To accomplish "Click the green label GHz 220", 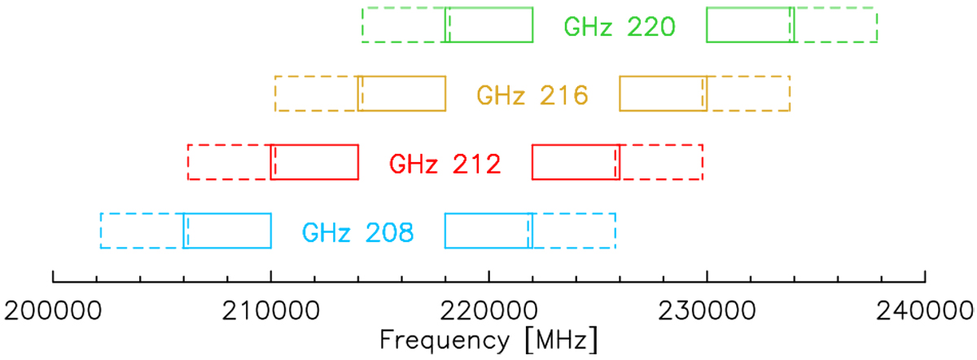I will tap(620, 26).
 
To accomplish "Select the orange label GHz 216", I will tap(532, 95).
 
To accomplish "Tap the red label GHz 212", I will tap(445, 164).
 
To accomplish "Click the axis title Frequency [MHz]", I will tap(488, 338).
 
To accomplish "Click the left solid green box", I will tap(489, 24).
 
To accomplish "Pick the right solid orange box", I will tap(664, 94).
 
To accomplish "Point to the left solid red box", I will tap(314, 162).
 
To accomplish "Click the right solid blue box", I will tap(488, 230).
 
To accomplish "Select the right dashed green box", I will tap(834, 24).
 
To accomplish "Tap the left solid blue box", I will tap(227, 230).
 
